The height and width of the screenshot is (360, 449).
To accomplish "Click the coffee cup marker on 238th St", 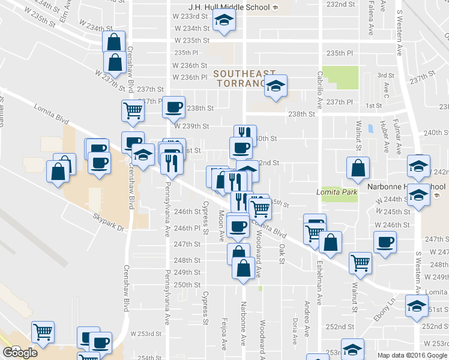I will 173,107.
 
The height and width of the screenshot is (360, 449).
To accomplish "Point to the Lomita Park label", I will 337,192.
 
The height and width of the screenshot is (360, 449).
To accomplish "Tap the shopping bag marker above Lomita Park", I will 358,169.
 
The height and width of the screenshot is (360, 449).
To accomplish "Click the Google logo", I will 20,353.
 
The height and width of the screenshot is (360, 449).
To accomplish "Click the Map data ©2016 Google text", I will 411,355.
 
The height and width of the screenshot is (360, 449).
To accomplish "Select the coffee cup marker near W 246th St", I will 385,242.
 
